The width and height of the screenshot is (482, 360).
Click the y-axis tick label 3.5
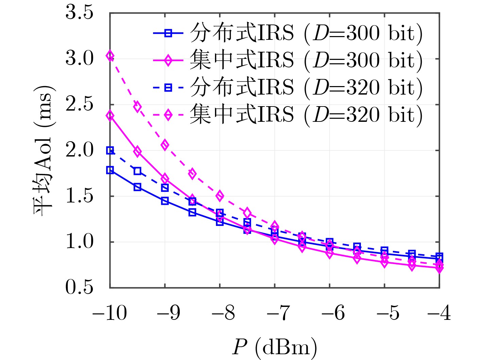coord(79,14)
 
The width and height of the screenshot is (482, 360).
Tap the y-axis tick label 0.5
coord(79,288)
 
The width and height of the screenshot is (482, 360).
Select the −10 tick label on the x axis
coord(110,313)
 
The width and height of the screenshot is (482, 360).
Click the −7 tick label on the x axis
coord(274,313)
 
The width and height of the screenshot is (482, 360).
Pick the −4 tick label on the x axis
coord(439,313)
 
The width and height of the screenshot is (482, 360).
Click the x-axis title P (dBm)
coord(275,347)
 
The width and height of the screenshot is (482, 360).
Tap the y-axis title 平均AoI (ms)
coord(44,150)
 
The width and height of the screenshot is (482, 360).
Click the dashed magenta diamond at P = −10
coord(110,56)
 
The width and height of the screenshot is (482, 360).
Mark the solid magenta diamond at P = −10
coord(110,116)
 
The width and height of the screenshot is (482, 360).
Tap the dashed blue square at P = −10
coord(110,150)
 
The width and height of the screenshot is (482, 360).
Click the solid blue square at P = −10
coord(110,170)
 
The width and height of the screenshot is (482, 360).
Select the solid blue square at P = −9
coord(165,201)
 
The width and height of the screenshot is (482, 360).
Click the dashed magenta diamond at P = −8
coord(220,196)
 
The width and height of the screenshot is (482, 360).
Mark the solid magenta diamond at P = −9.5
coord(137,151)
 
